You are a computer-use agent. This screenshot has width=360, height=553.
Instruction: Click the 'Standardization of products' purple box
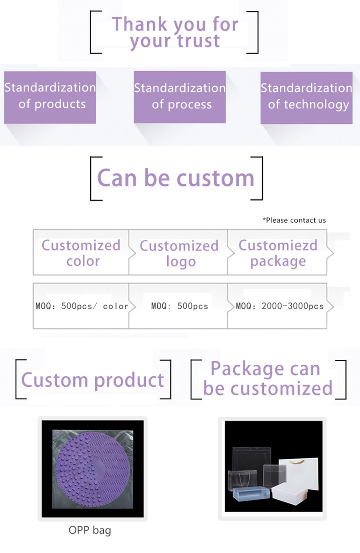point(50,97)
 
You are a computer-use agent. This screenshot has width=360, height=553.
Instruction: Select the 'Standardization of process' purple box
point(180,97)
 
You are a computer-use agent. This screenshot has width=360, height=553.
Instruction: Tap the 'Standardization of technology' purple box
point(306,98)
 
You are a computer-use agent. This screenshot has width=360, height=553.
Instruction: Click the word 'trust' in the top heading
point(199,41)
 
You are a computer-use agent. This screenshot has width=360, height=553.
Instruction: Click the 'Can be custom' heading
point(175,178)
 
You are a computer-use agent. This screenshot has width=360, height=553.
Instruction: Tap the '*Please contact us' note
point(294,220)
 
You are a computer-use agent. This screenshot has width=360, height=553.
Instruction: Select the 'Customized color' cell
point(81,252)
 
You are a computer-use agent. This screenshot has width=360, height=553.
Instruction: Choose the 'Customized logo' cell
point(178,252)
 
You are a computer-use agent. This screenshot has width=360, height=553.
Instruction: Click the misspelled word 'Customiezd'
point(278,245)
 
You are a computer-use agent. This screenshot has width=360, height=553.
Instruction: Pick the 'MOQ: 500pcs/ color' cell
point(81,306)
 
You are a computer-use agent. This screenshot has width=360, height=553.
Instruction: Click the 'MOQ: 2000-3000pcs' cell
point(277,306)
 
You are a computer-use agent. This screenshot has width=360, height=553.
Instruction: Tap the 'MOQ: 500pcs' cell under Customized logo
point(178,306)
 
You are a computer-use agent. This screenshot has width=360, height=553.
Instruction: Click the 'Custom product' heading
point(93,380)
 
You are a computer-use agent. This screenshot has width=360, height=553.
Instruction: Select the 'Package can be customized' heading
point(268,379)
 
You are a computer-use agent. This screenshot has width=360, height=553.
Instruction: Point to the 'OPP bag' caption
point(90,530)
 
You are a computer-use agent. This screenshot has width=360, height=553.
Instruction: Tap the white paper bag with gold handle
point(299,474)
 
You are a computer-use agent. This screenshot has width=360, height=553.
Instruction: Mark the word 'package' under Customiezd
point(278,261)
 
